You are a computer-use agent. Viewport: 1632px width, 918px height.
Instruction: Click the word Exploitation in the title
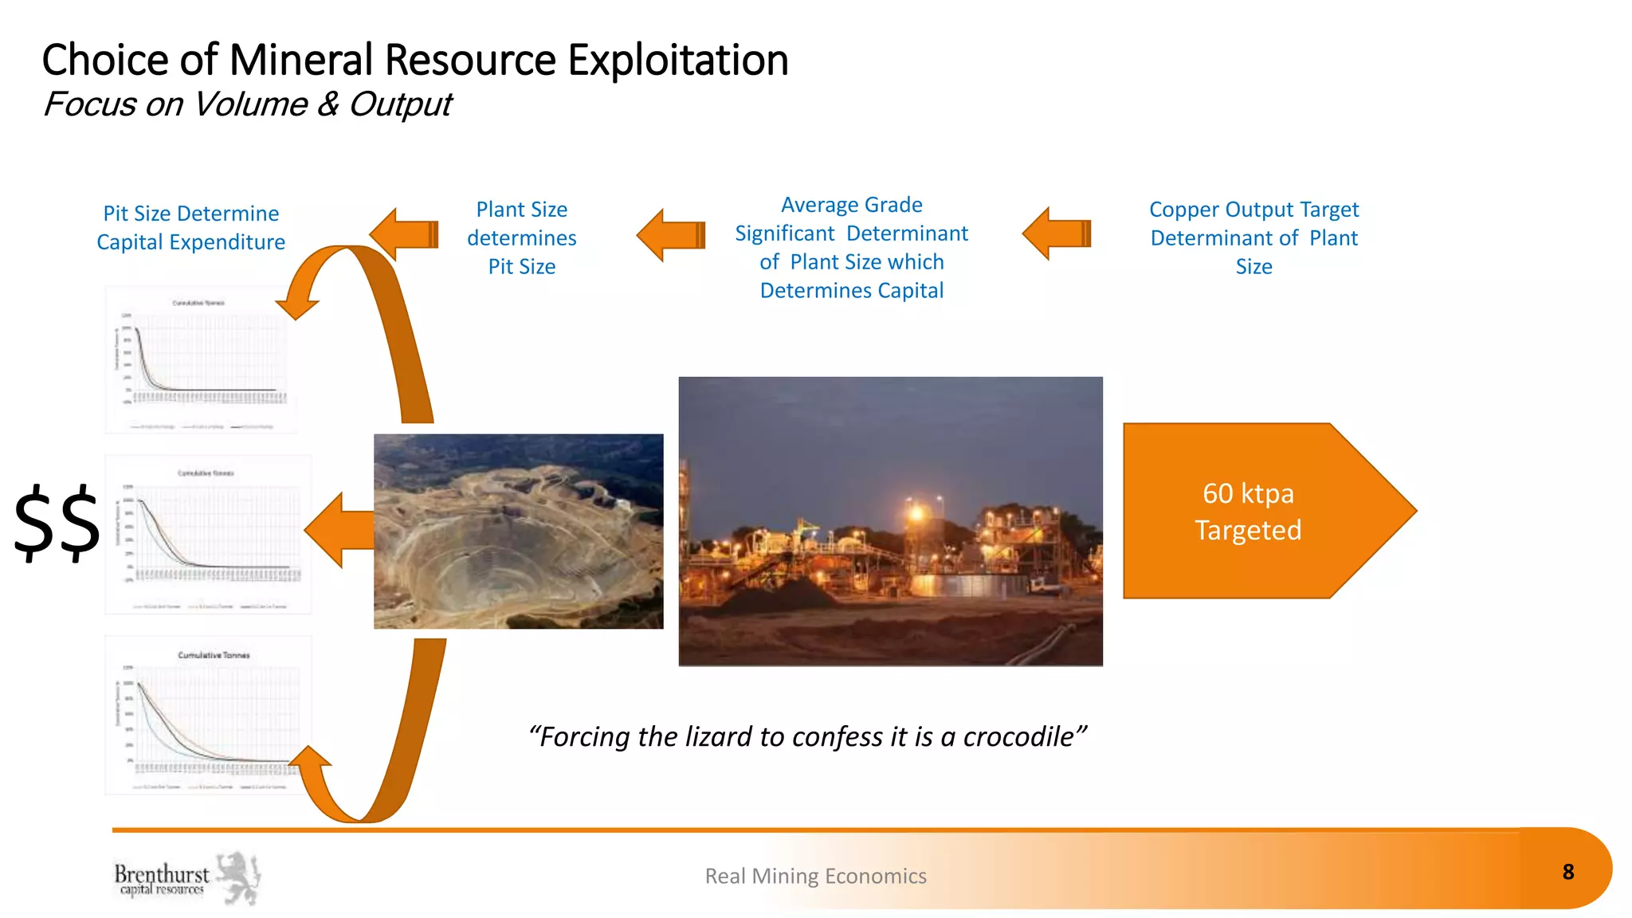point(677,61)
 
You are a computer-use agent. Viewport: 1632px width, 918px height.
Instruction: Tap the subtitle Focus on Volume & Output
point(247,104)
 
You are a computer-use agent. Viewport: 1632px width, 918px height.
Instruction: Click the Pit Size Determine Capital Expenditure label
point(190,228)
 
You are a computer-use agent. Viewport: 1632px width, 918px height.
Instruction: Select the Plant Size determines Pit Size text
point(521,237)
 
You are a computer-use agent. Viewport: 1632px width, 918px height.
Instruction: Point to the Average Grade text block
point(851,247)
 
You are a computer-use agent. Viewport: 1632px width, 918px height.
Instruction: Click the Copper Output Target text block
point(1253,237)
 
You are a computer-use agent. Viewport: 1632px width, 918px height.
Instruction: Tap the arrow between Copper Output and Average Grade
point(1057,233)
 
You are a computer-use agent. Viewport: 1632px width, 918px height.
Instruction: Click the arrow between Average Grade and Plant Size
point(672,235)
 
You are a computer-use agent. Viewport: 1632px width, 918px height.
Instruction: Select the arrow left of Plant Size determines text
point(405,234)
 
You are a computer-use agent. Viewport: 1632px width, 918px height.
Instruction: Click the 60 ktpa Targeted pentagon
point(1248,511)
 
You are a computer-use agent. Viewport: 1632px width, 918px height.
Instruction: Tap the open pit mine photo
point(518,532)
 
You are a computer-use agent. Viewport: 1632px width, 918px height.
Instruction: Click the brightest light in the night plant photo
point(916,513)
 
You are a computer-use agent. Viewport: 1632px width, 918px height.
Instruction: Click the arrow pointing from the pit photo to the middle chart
point(339,530)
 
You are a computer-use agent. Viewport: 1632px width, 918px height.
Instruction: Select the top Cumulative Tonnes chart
point(201,359)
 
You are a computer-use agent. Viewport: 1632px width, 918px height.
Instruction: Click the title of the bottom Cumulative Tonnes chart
point(214,655)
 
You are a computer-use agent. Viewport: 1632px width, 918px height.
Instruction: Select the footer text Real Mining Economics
point(815,876)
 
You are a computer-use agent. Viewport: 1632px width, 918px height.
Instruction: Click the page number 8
point(1567,872)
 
